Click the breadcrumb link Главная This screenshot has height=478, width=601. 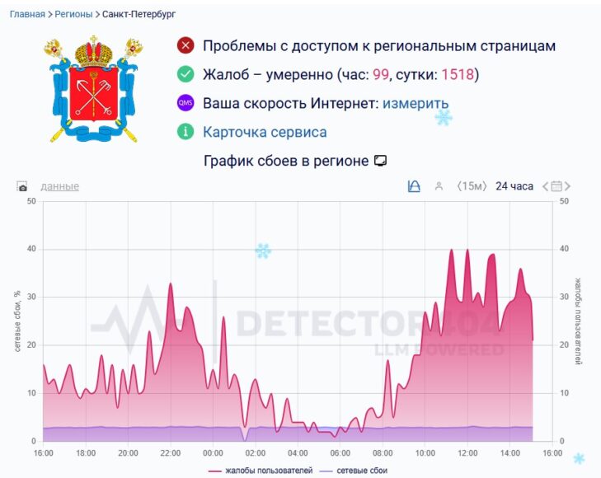pos(27,14)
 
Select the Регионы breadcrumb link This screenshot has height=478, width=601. pos(73,14)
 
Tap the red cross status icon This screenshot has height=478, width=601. pos(185,46)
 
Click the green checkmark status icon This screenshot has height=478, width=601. pos(185,75)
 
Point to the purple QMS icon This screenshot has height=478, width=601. pos(185,104)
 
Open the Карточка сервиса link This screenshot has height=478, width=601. pos(265,132)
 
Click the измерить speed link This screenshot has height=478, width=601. pos(416,104)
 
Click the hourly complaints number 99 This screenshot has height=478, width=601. pos(381,75)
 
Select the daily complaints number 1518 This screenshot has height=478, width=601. pos(457,75)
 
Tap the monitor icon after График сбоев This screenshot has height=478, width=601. pos(380,161)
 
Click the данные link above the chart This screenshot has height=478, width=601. pos(59,186)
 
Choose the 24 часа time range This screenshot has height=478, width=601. pos(514,186)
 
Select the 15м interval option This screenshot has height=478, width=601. pos(472,186)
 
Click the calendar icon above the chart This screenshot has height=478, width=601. pos(556,186)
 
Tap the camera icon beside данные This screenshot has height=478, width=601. pos(22,187)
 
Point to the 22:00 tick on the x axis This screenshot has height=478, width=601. pos(171,453)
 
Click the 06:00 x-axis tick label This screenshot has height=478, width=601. pos(340,453)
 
